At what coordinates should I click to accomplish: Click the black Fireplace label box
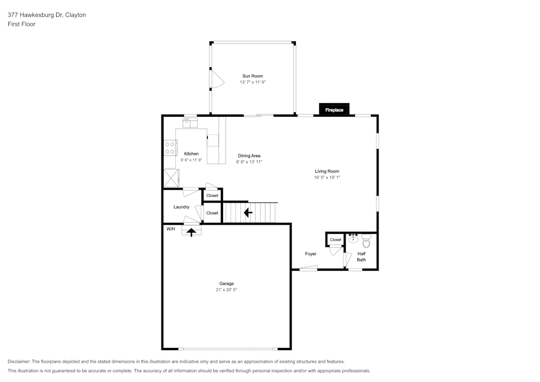[x=334, y=110]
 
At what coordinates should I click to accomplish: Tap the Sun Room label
[x=253, y=76]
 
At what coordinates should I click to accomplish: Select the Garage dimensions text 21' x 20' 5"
[x=226, y=290]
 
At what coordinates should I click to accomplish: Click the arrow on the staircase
[x=248, y=212]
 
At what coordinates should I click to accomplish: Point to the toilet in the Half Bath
[x=367, y=239]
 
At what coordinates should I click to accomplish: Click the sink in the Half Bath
[x=353, y=239]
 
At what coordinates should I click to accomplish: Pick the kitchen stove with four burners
[x=170, y=148]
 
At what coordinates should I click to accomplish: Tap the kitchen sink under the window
[x=190, y=123]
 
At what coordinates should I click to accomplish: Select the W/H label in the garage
[x=171, y=229]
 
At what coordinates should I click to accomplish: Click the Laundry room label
[x=181, y=207]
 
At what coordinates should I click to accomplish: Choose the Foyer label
[x=310, y=254]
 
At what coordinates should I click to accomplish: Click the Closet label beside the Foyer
[x=335, y=240]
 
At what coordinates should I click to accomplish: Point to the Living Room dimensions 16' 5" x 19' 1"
[x=327, y=177]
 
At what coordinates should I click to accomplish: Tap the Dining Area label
[x=249, y=156]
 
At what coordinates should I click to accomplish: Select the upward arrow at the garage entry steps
[x=191, y=232]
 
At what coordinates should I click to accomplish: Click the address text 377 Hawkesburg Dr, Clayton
[x=46, y=15]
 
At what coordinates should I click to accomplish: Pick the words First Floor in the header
[x=22, y=24]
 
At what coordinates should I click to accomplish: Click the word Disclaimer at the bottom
[x=19, y=361]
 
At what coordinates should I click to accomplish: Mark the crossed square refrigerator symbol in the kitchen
[x=171, y=177]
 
